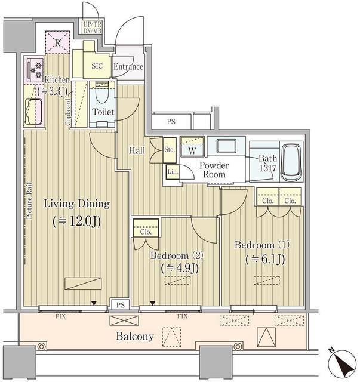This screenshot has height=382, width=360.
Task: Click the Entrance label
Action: tap(128, 67)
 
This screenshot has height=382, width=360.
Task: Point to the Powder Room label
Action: tap(214, 170)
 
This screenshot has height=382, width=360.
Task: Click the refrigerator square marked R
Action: tap(57, 43)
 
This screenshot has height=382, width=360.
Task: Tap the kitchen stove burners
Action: tap(35, 69)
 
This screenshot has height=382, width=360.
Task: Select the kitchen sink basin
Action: tap(35, 111)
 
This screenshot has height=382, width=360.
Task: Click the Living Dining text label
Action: tap(76, 204)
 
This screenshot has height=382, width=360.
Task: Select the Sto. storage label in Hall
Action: tap(169, 149)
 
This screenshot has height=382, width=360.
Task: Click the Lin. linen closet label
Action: tap(173, 172)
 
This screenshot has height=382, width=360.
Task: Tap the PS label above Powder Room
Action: tap(171, 122)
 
